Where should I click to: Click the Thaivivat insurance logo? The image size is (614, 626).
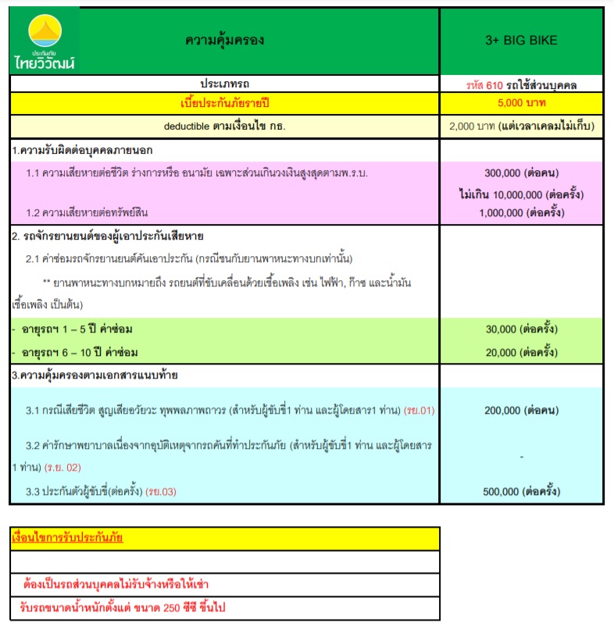point(45,41)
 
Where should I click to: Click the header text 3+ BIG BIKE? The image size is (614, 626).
point(521,41)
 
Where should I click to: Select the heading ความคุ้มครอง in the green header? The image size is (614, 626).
point(224,41)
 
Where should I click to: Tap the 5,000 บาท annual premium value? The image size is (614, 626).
point(521,102)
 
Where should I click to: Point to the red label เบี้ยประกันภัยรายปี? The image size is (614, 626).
point(224,102)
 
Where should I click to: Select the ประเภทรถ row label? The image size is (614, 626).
point(224,84)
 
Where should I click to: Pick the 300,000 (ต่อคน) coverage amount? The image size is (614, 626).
point(521,173)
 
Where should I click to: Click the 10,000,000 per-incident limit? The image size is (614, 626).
point(521,194)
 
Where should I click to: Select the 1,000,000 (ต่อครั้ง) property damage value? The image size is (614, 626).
point(521,212)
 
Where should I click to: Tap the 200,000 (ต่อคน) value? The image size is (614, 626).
point(521,409)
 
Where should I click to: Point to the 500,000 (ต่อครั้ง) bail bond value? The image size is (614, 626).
point(521,491)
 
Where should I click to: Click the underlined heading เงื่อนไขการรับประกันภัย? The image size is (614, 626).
point(67,538)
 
